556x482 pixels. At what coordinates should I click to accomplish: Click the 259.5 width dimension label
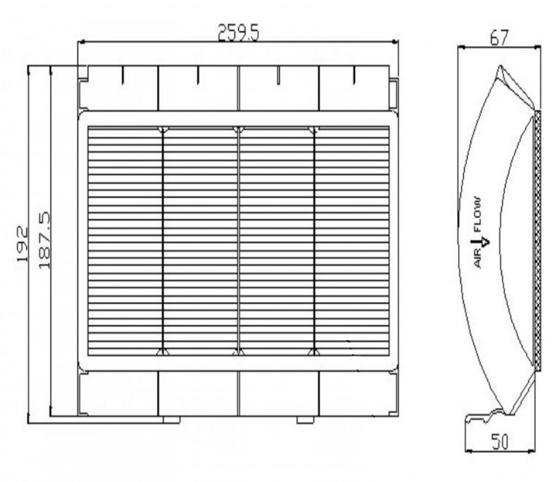click(x=239, y=33)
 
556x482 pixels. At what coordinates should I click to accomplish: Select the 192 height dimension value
click(x=22, y=244)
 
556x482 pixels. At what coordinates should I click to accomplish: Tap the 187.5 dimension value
click(x=44, y=240)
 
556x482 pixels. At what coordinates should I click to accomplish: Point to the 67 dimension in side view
click(x=499, y=38)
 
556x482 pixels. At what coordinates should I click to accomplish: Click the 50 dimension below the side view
click(x=500, y=442)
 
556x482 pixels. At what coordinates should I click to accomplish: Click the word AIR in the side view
click(x=478, y=258)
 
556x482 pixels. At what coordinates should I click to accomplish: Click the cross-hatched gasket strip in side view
click(x=538, y=241)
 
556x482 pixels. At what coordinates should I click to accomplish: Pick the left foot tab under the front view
click(x=172, y=420)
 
